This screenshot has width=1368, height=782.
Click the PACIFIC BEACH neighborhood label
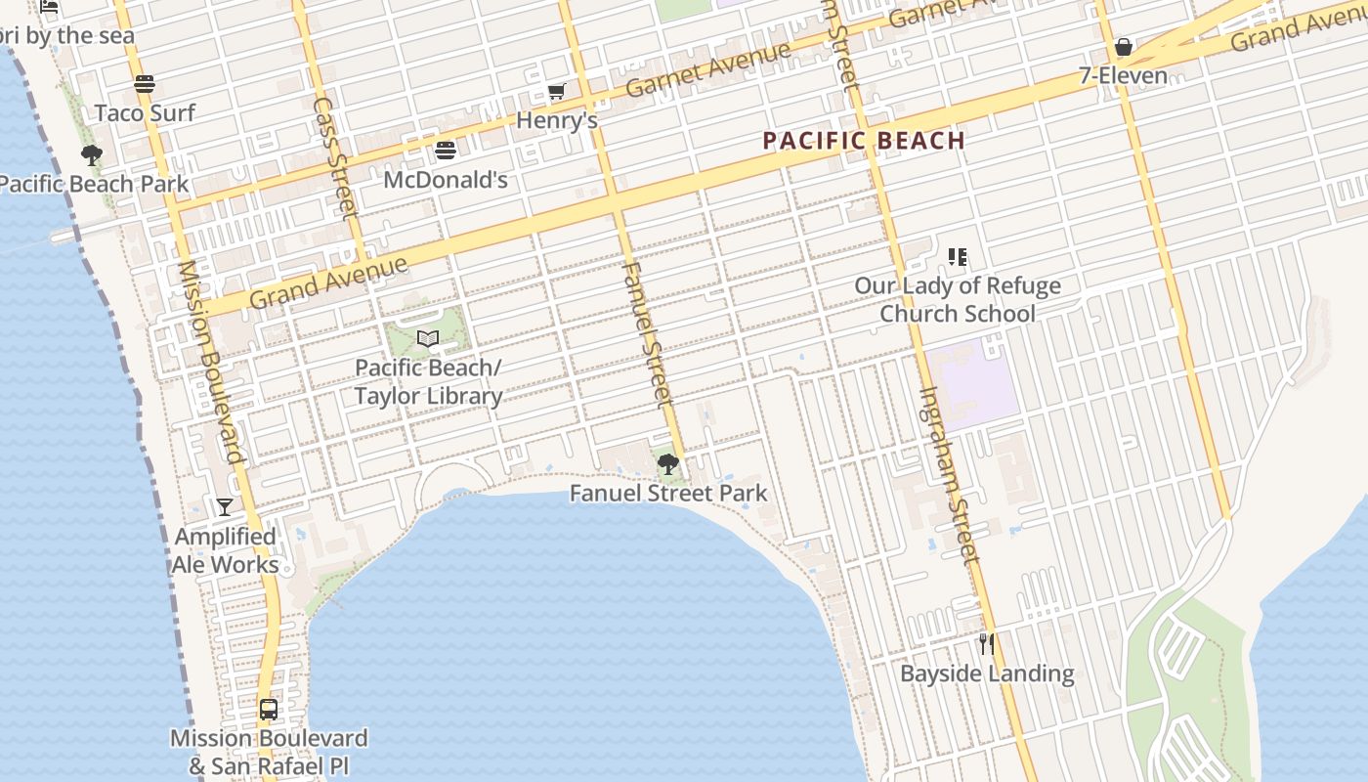point(864,141)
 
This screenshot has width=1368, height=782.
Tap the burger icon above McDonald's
point(446,151)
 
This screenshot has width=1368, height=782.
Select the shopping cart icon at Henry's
point(556,92)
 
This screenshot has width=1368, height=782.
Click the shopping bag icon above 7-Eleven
point(1124,47)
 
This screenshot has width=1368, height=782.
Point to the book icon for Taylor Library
point(428,339)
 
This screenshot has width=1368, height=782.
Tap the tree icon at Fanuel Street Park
point(668,463)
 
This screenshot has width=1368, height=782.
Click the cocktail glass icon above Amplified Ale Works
point(225,506)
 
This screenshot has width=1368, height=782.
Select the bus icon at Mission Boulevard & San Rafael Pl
point(269,710)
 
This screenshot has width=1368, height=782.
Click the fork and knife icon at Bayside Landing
point(987,644)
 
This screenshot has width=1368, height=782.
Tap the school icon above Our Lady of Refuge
point(958,257)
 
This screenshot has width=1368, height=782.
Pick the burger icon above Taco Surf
point(145,84)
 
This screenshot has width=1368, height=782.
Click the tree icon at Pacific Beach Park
point(92,155)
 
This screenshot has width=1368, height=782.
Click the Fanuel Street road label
point(648,333)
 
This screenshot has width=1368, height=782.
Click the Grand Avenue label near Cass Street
point(328,282)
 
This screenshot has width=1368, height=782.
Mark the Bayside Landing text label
point(987,673)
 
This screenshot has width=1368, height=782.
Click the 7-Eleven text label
point(1123,75)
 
